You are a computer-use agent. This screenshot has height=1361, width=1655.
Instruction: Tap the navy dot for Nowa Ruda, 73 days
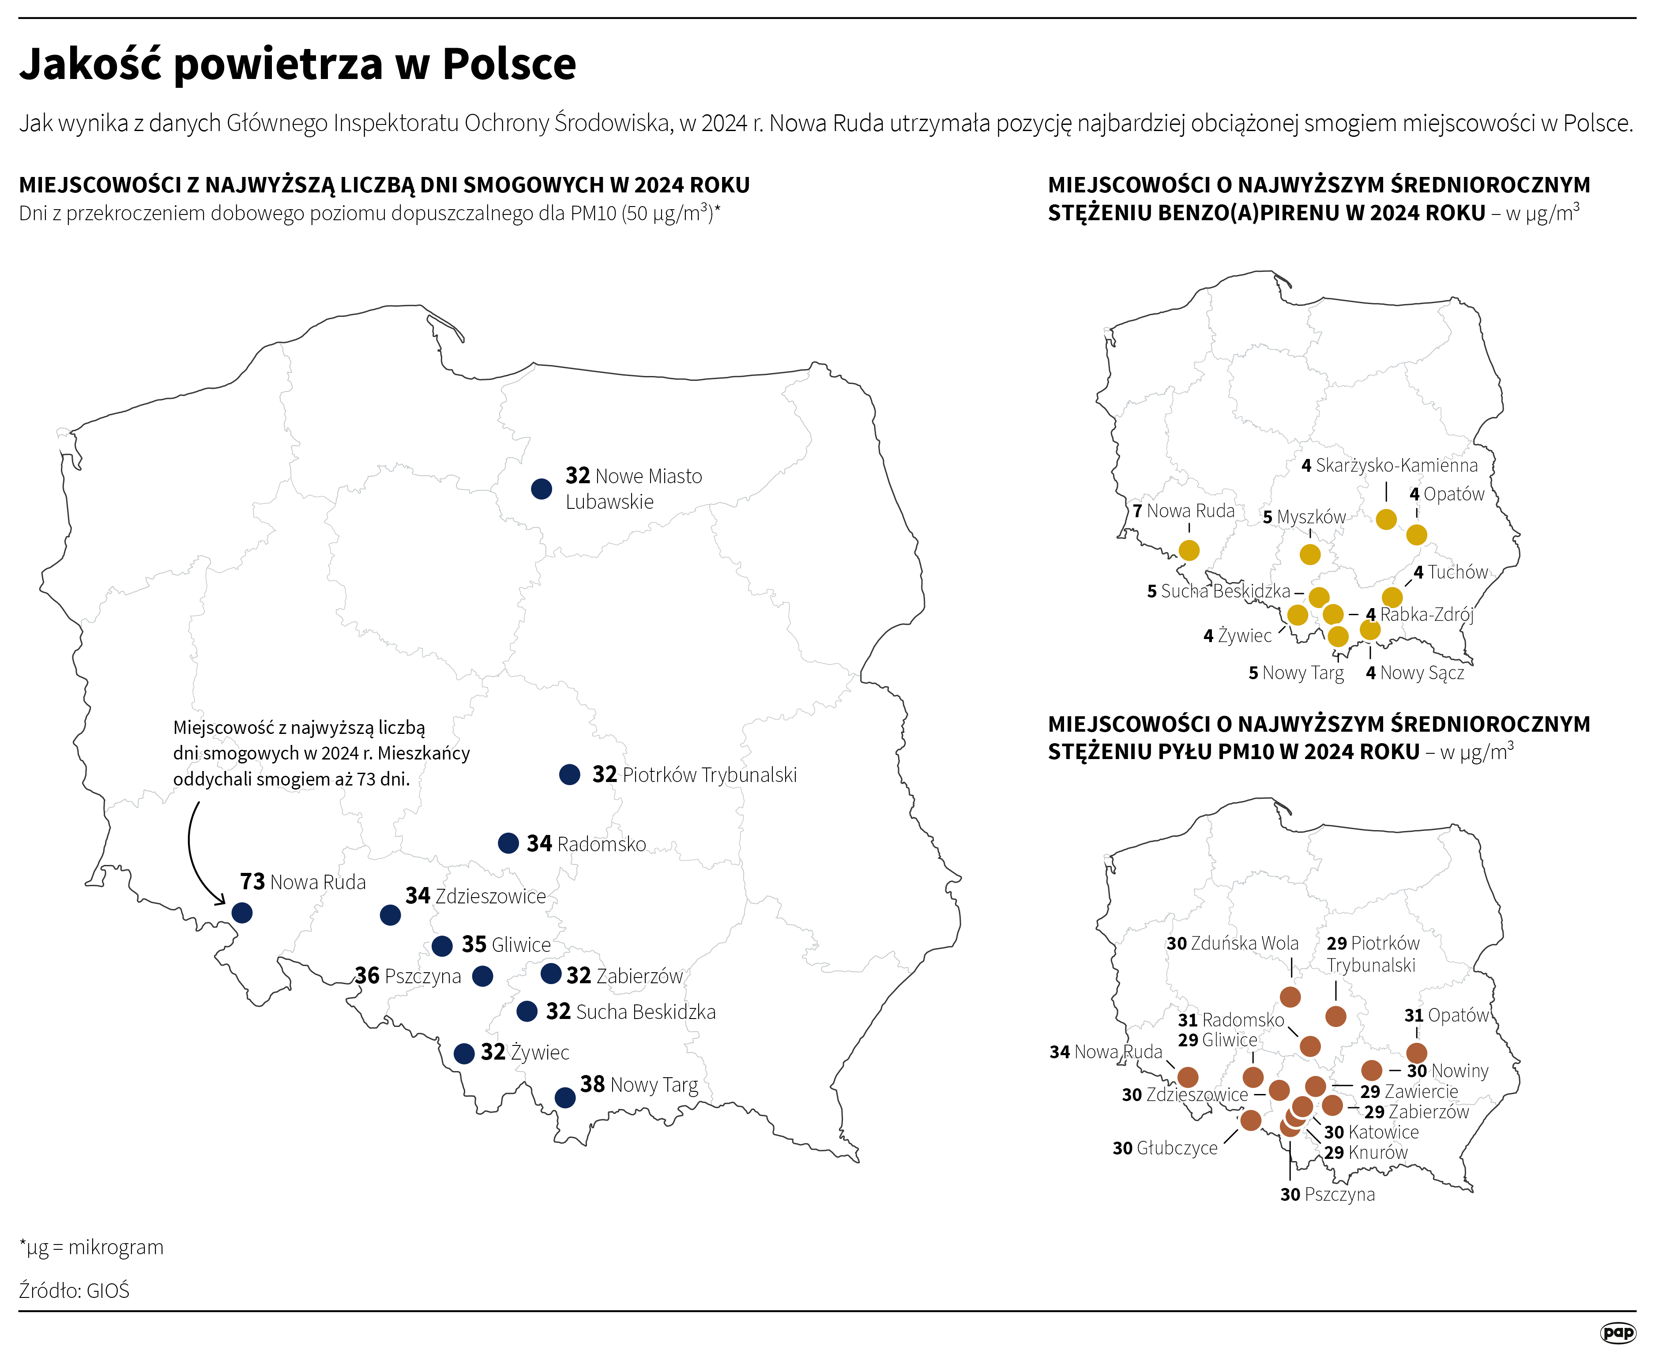click(242, 913)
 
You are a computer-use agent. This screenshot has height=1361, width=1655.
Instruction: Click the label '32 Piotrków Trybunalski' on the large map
click(694, 774)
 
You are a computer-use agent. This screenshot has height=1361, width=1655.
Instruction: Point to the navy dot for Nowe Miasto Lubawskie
click(541, 489)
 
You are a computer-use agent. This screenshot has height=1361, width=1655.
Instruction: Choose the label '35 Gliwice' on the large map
click(506, 945)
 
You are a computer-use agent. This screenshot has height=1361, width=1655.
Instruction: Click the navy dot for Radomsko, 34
click(508, 843)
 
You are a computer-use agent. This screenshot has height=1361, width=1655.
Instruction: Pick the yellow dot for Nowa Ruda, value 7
click(1189, 550)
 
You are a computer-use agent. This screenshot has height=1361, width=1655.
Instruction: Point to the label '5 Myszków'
click(1304, 517)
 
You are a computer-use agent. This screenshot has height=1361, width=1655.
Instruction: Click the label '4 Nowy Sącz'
click(1414, 673)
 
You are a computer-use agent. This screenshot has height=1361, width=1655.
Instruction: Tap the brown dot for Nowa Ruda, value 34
click(1188, 1077)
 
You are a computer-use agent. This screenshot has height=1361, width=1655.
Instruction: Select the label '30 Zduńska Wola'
click(1232, 943)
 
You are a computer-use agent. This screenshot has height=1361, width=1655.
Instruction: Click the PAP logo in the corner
click(1617, 1332)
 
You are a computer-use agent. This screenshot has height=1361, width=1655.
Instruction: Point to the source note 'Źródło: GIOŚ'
click(75, 1290)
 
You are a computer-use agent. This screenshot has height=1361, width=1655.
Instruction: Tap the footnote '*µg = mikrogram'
click(92, 1247)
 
